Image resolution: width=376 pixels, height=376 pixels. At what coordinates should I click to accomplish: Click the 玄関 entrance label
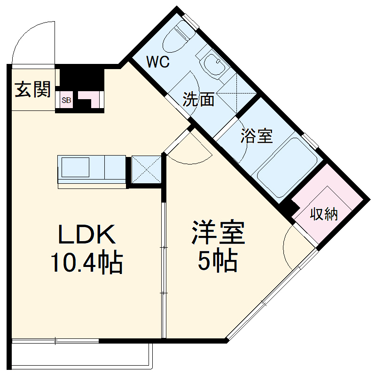[x=32, y=89]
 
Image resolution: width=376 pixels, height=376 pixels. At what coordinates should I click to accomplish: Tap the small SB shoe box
[x=66, y=100]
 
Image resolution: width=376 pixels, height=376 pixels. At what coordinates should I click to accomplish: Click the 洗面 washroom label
[x=198, y=99]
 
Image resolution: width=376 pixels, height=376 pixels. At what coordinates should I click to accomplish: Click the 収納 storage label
[x=324, y=214]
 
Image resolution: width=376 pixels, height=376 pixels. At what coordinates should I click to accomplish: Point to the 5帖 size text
[x=217, y=261]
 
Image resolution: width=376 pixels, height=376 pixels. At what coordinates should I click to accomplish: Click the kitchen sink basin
[x=75, y=167]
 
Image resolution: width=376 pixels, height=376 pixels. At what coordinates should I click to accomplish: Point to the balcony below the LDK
[x=80, y=355]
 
